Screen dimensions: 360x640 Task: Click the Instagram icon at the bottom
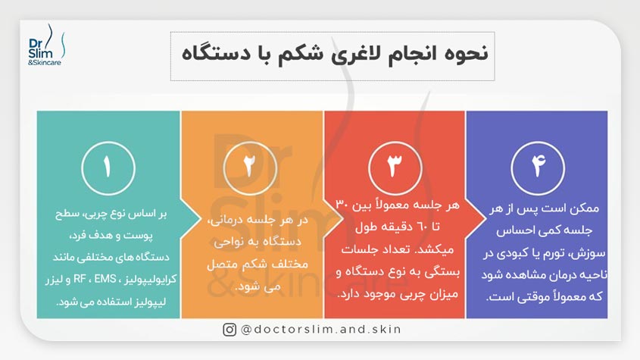pos(229,329)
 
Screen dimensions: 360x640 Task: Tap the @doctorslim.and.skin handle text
pos(321,329)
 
